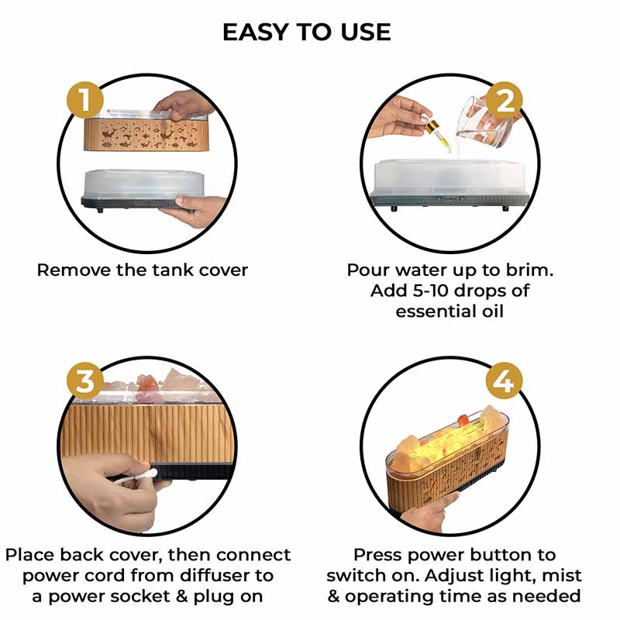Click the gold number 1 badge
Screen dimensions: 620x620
[x=85, y=100]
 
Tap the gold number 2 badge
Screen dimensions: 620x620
[x=505, y=100]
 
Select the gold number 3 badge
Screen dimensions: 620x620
[x=85, y=381]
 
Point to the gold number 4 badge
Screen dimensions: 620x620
[x=505, y=381]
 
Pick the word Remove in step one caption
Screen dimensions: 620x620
[x=74, y=270]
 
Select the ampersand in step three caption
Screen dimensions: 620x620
[x=182, y=597]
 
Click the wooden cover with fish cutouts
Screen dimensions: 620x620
[x=146, y=133]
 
